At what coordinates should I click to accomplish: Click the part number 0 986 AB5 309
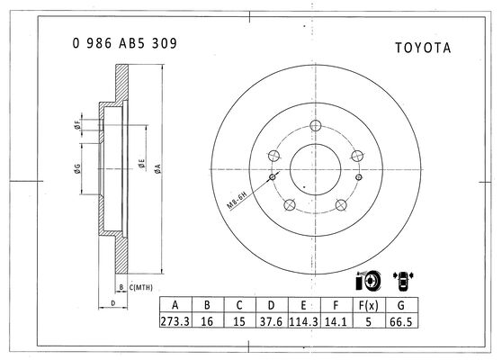click(124, 43)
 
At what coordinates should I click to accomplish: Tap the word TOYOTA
click(423, 48)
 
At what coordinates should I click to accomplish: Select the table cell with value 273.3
click(175, 321)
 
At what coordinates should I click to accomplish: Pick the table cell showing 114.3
click(304, 321)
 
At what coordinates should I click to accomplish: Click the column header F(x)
click(369, 305)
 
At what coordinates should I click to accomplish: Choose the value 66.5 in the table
click(401, 321)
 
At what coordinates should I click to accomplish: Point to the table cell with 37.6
click(272, 321)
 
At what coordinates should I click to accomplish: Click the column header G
click(401, 305)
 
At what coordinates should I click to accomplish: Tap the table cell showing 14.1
click(336, 321)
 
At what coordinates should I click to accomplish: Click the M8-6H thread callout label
click(237, 200)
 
